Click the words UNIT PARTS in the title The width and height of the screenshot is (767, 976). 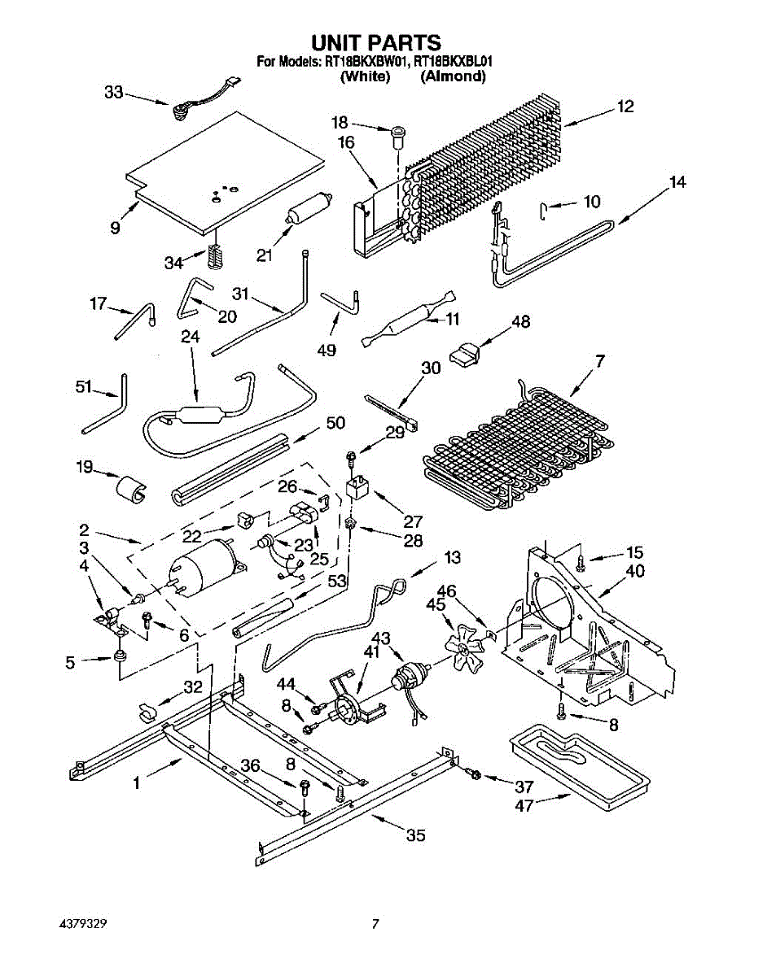click(x=376, y=43)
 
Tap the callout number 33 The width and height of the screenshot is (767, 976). click(x=114, y=93)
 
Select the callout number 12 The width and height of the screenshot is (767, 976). click(x=625, y=107)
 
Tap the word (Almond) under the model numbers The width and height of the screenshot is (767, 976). click(x=453, y=76)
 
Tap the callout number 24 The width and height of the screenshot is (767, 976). click(x=191, y=337)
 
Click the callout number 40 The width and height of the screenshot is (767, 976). click(x=635, y=571)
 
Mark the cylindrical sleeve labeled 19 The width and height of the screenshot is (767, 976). click(x=131, y=490)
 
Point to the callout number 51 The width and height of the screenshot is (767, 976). click(x=84, y=386)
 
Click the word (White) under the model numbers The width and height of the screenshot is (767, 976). click(x=365, y=76)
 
